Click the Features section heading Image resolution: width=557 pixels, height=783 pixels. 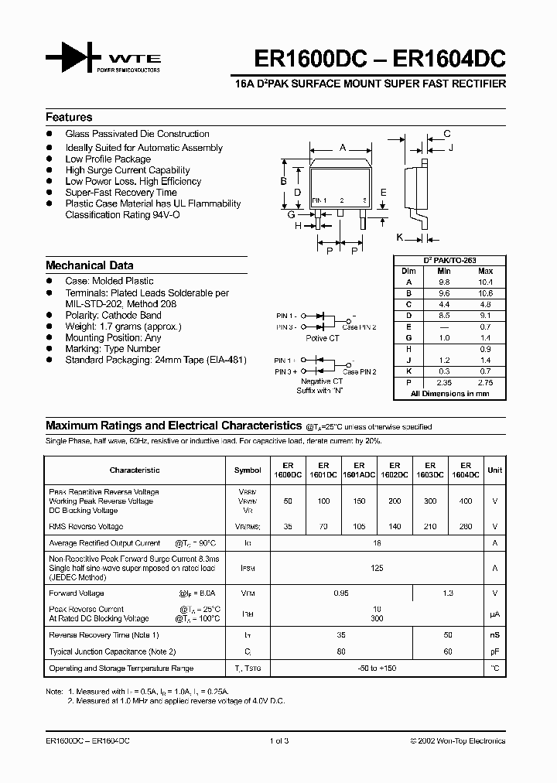tap(69, 118)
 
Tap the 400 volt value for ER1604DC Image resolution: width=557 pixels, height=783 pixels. tap(465, 501)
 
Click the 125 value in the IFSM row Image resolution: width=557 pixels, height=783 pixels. tap(378, 568)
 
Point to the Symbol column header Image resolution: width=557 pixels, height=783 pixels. tap(248, 470)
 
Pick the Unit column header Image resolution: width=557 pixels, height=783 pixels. tap(494, 470)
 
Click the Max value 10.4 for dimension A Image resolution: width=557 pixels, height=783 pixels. tap(485, 282)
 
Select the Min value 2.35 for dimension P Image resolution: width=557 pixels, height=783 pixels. tap(443, 382)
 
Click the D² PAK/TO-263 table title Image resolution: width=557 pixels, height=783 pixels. tap(449, 261)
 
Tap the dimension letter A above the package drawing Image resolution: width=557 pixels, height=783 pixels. tap(342, 146)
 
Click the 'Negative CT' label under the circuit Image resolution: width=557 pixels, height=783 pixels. tap(321, 381)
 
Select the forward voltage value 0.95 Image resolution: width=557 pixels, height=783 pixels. tap(340, 593)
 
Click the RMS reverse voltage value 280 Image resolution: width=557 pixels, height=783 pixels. tap(465, 526)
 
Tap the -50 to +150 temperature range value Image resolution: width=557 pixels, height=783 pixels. tap(378, 668)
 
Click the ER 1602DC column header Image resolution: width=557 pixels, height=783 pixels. tap(395, 470)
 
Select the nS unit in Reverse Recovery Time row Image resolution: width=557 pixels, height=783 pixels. tap(494, 634)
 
